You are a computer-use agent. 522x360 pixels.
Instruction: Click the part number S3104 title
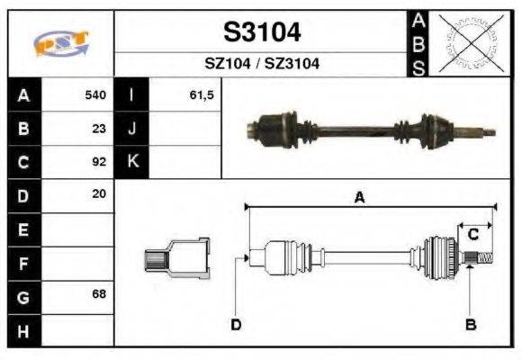click(x=262, y=32)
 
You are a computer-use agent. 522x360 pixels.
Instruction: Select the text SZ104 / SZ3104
click(x=262, y=64)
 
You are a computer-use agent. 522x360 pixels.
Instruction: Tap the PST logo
click(x=60, y=43)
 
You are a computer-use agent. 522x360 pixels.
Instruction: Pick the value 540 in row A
click(x=95, y=94)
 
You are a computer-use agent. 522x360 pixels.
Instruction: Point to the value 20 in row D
click(x=99, y=194)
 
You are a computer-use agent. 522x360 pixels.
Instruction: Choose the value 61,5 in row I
click(x=202, y=94)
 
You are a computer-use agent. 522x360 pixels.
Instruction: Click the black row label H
click(x=23, y=330)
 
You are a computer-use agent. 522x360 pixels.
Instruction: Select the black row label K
click(x=132, y=162)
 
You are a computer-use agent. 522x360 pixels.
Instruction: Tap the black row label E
click(x=23, y=229)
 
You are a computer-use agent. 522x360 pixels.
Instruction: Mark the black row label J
click(x=132, y=128)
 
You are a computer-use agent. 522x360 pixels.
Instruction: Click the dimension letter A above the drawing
click(x=358, y=198)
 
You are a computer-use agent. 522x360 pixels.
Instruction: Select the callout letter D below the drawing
click(x=236, y=324)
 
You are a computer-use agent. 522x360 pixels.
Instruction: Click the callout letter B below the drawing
click(x=469, y=324)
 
